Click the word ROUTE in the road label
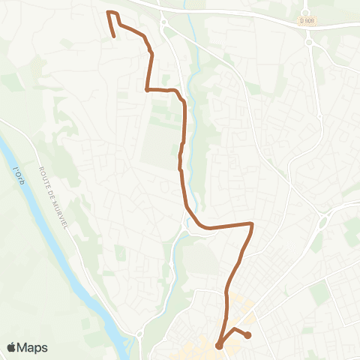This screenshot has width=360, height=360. point(45,176)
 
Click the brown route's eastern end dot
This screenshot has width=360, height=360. point(247,335)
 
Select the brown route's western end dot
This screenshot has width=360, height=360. point(219,346)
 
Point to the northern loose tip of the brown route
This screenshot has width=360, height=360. point(114,35)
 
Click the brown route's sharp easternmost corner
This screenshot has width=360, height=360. point(252,223)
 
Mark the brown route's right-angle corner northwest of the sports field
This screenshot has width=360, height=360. point(146,90)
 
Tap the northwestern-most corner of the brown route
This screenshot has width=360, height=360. point(109,13)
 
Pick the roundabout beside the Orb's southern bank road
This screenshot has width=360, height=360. point(139,333)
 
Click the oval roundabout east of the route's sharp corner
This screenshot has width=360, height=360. point(325,218)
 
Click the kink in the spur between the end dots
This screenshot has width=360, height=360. point(234,329)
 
